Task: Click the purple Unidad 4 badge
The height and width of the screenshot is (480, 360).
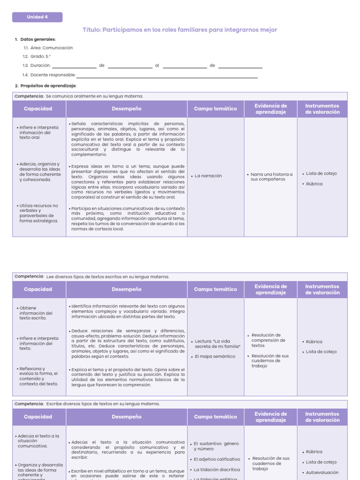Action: [x=37, y=17]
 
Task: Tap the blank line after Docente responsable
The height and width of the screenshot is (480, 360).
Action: [x=167, y=75]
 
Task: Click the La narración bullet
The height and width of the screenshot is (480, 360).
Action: [x=208, y=176]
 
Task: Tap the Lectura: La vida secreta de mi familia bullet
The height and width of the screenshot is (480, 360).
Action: [x=217, y=344]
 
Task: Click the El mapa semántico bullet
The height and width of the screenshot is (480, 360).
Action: [x=214, y=356]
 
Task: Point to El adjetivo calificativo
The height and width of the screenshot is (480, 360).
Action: [x=216, y=459]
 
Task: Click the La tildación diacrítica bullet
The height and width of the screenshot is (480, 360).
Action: [x=216, y=469]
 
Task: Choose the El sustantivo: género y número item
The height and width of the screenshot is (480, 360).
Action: [x=215, y=446]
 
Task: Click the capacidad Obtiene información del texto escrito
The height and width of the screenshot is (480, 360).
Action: [x=36, y=313]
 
